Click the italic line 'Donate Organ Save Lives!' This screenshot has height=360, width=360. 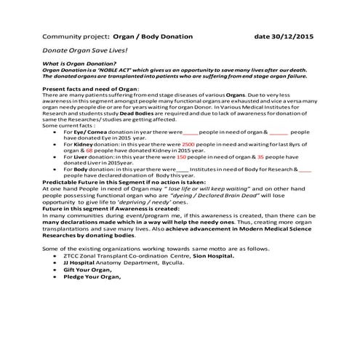point(86,52)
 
